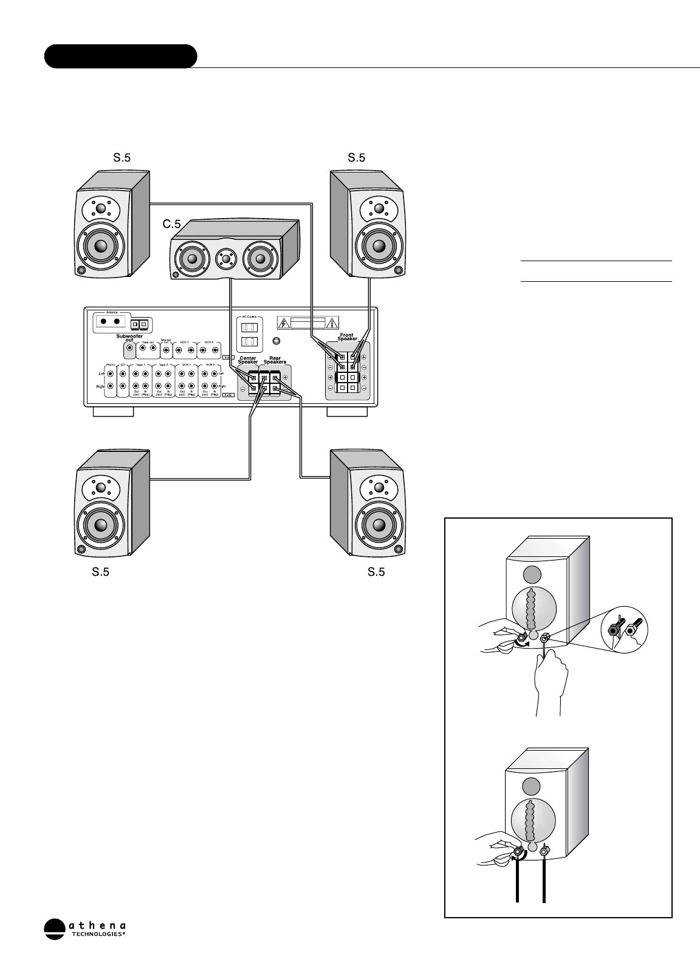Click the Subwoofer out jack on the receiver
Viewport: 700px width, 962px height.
(x=129, y=350)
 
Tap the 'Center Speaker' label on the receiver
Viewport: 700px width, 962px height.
(x=247, y=361)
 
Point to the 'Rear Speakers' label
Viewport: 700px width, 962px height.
(x=275, y=361)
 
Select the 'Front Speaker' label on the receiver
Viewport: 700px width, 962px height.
(x=348, y=337)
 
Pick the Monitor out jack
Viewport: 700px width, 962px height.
(x=166, y=350)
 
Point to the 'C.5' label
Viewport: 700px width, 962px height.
(x=172, y=224)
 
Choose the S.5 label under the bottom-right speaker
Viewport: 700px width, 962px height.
(x=376, y=572)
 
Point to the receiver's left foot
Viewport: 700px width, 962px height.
(x=114, y=412)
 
